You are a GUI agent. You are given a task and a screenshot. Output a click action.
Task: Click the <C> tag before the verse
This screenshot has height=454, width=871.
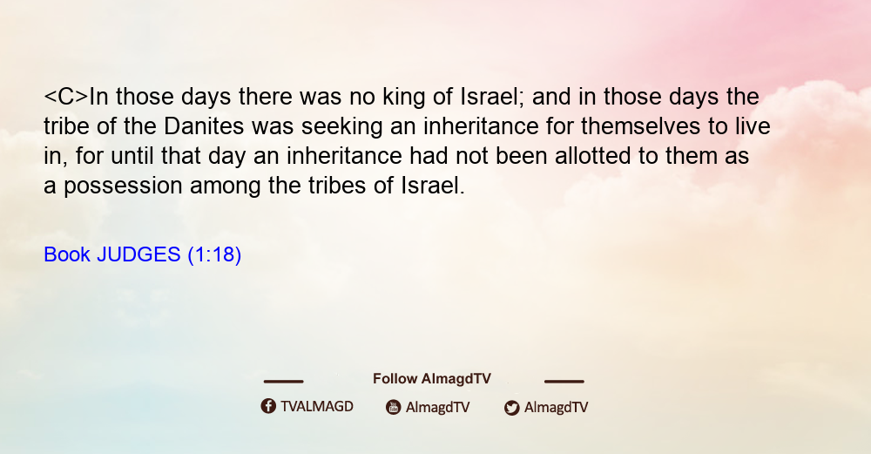coord(66,97)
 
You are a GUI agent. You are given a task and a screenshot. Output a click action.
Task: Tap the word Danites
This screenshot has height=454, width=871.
coord(204,126)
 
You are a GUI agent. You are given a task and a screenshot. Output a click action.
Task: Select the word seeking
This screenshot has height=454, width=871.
coord(341,127)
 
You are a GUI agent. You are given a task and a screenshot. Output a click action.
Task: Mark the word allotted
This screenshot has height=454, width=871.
coord(592,156)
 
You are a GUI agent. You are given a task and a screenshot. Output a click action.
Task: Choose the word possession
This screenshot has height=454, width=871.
coord(123,186)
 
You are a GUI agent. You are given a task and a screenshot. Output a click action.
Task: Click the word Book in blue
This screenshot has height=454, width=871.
coord(67,254)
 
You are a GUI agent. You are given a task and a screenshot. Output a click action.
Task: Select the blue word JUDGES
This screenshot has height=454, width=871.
coord(138,254)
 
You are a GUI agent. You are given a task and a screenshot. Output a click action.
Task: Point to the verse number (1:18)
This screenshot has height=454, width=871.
coord(214,255)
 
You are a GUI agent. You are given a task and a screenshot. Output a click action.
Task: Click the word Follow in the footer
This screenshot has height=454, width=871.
coord(395,379)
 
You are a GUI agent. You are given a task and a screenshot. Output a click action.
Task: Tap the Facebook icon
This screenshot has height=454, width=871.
coord(268,406)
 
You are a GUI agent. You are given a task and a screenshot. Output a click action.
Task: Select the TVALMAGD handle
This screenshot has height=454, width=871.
coord(317,407)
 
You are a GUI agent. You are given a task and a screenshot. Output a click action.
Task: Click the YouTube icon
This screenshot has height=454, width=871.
coord(394,407)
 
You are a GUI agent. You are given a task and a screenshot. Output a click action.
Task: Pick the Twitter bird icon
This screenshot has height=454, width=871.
coord(511,408)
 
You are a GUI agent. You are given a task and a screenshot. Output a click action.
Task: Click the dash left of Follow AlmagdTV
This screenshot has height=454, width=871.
coord(283,382)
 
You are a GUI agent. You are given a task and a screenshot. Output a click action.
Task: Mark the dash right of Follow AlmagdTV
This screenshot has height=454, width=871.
coord(564,382)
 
